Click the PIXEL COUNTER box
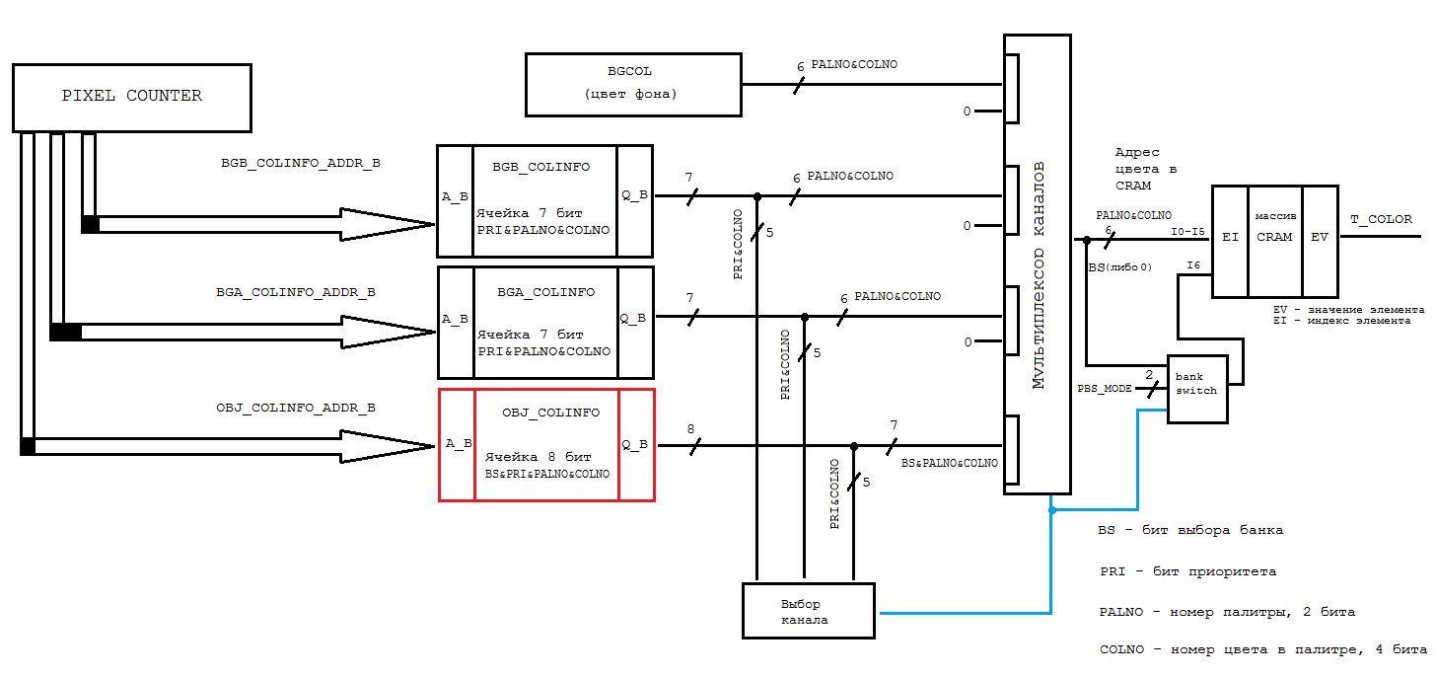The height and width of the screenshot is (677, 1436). coord(131,97)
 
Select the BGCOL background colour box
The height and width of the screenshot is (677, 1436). coord(632,84)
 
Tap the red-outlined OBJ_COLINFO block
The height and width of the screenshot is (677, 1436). coord(546,445)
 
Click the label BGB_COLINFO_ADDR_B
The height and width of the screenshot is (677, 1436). coord(300,164)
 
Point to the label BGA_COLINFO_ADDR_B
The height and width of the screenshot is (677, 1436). coord(296,292)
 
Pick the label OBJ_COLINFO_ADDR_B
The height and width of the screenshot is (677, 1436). coord(296,407)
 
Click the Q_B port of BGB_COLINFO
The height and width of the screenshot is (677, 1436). coord(634,194)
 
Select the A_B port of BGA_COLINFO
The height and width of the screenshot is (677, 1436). coord(456,319)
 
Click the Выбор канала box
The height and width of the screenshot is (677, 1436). coord(807,611)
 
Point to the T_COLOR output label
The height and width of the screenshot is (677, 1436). coord(1382,219)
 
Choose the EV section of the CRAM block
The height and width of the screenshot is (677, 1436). coord(1320,237)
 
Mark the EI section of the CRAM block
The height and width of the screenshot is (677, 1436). coord(1230,237)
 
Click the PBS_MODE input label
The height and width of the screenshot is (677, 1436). coord(1105,389)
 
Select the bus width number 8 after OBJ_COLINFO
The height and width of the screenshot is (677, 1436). coord(690,429)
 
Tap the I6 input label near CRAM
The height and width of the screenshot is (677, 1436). coord(1193,265)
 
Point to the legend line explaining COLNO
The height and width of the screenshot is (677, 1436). coord(1262,649)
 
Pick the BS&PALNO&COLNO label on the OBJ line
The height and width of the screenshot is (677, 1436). coord(949,463)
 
